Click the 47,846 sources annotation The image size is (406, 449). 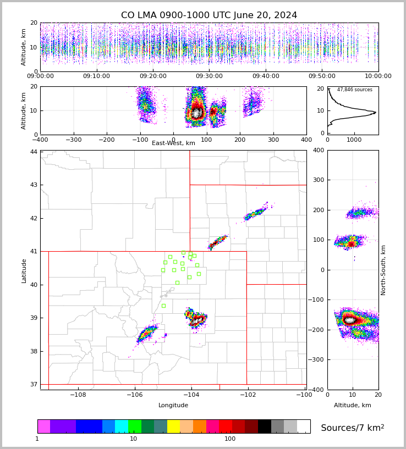[354, 90]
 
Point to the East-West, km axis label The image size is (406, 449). [173, 143]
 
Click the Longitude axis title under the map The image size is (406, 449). [173, 406]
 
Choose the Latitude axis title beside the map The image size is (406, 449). [24, 270]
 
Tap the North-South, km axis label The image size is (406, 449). [383, 270]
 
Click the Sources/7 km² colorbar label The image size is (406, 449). [352, 428]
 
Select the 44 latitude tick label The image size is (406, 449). [34, 152]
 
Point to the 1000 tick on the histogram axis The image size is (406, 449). [354, 140]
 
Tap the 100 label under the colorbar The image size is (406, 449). [230, 439]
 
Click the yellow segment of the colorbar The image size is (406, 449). [173, 426]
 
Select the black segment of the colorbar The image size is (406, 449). [264, 426]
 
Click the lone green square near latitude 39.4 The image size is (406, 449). [163, 306]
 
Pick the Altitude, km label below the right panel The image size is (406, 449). [353, 406]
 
